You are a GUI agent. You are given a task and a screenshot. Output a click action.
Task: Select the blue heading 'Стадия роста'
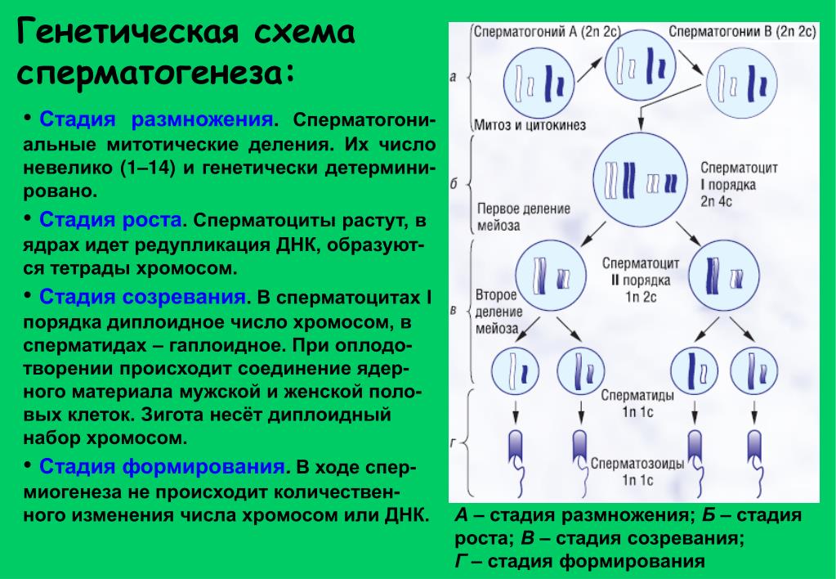pyautogui.click(x=111, y=221)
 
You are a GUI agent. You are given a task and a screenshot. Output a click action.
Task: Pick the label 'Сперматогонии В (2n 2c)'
pyautogui.click(x=742, y=32)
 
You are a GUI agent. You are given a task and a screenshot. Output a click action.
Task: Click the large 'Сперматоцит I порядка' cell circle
pyautogui.click(x=641, y=181)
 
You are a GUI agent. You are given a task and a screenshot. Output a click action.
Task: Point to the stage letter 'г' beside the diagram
pyautogui.click(x=454, y=442)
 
